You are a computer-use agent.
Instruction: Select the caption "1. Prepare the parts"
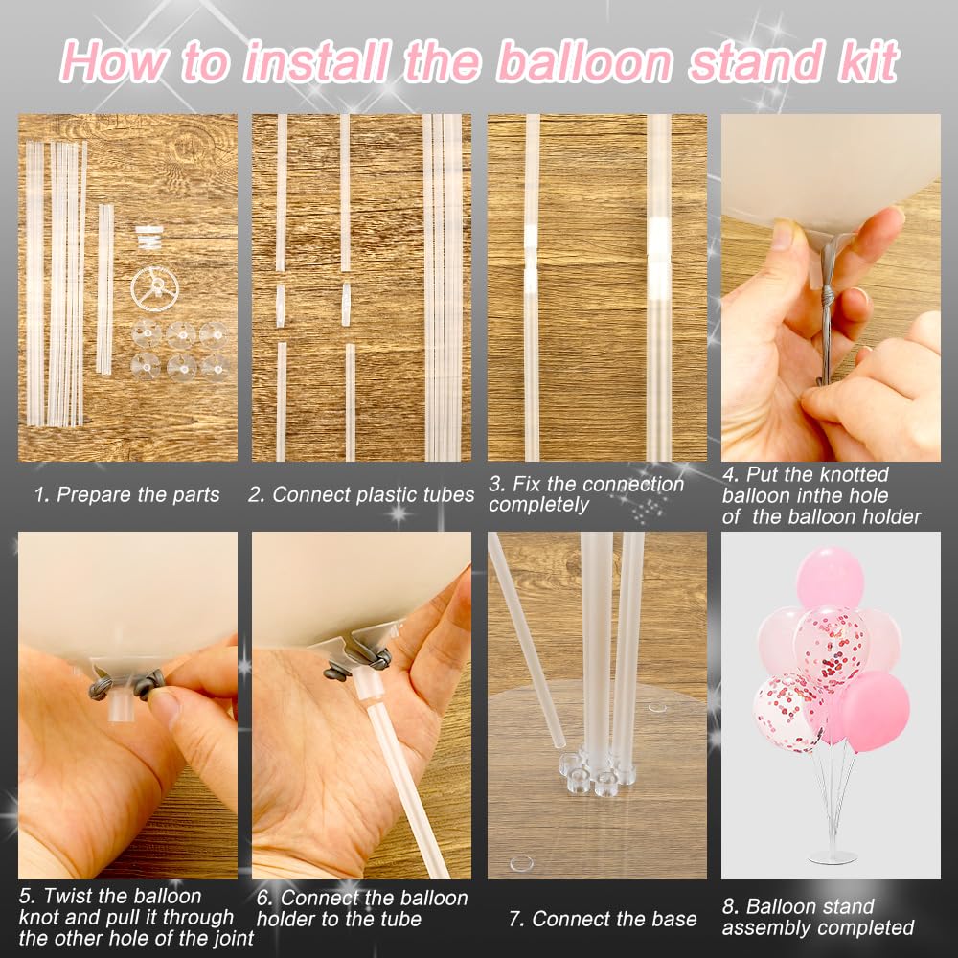coord(126,495)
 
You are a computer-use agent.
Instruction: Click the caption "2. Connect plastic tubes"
coord(361,495)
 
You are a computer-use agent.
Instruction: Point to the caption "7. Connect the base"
coord(603,919)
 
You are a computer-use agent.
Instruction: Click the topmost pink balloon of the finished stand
coord(830,577)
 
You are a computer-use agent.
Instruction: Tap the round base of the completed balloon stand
coord(831,855)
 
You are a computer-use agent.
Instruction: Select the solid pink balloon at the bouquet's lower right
coord(875,710)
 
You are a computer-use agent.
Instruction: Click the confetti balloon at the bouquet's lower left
coord(788,711)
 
